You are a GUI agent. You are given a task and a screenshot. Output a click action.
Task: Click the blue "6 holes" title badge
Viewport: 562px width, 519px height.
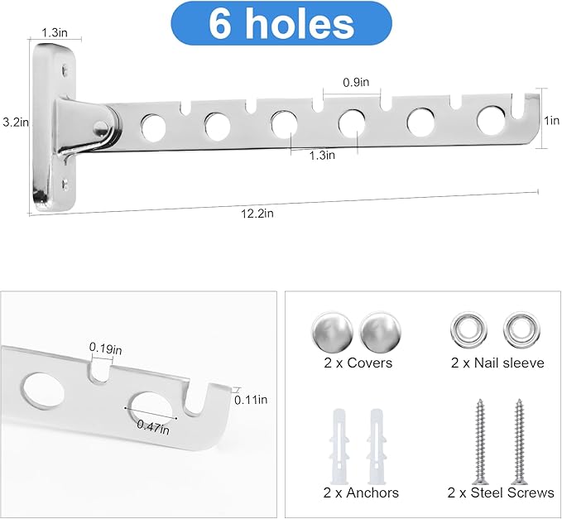click(281, 23)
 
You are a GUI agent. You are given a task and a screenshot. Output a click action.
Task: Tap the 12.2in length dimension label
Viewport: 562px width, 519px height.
click(257, 213)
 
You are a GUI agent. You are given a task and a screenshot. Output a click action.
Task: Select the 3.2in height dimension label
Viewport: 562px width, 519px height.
click(14, 123)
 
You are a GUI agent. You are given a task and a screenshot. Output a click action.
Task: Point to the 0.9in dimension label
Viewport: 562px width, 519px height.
click(357, 82)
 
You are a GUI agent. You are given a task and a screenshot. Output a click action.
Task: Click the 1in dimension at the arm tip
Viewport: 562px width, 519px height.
click(551, 119)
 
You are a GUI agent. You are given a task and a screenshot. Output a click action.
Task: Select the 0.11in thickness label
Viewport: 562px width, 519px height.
click(250, 400)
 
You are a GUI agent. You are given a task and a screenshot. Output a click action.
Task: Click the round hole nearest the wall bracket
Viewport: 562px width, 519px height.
click(153, 127)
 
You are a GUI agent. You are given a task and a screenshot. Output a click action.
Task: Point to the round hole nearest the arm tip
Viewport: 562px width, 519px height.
click(491, 120)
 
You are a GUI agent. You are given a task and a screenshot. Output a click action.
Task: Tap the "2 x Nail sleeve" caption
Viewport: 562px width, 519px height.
click(497, 363)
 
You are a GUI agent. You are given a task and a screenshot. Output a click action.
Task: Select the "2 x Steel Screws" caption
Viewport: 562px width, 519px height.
click(501, 493)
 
